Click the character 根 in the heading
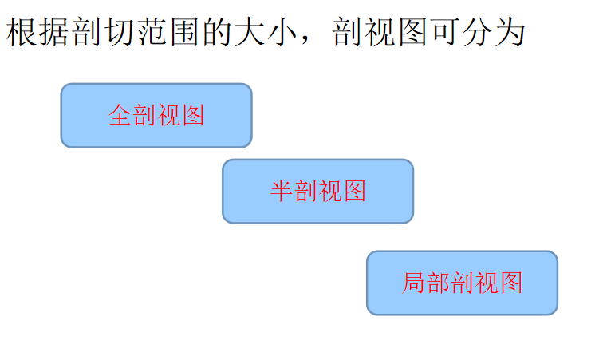click(22, 33)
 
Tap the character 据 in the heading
click(54, 33)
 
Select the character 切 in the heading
click(119, 33)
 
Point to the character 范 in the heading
click(152, 33)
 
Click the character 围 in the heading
click(183, 33)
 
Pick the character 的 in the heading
click(216, 33)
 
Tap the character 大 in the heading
click(249, 33)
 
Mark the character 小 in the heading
click(281, 33)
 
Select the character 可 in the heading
click(443, 33)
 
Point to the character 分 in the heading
click(476, 33)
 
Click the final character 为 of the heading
click(509, 33)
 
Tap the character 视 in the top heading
click(379, 33)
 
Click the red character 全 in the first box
click(120, 116)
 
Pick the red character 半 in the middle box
click(282, 192)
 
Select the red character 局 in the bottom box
click(413, 283)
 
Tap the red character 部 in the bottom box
click(437, 283)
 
